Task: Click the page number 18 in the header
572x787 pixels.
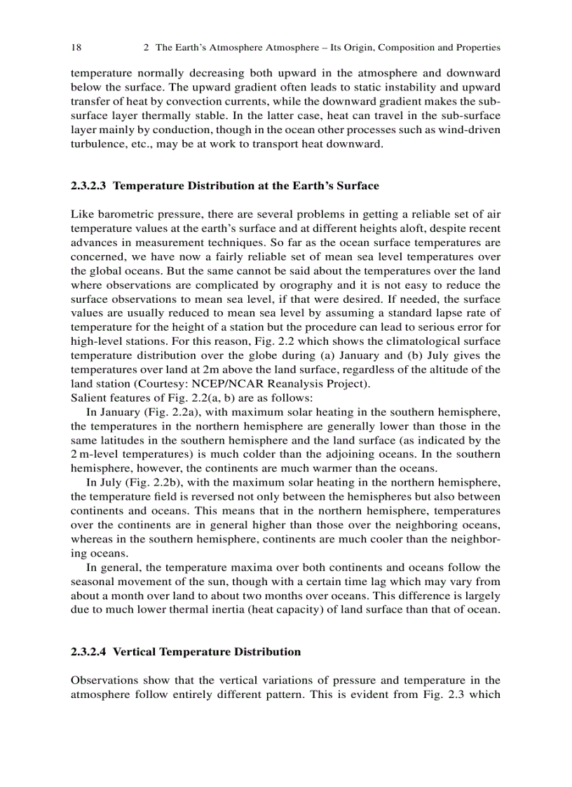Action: pyautogui.click(x=76, y=48)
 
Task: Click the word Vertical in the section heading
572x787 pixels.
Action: pyautogui.click(x=134, y=652)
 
